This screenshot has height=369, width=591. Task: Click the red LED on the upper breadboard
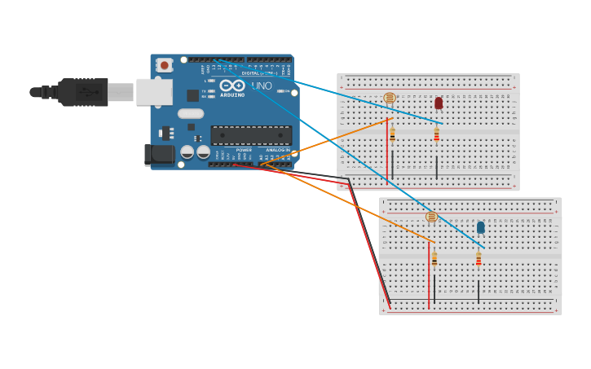tap(439, 103)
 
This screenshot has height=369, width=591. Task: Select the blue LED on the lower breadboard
tap(481, 227)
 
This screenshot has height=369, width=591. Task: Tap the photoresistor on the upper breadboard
tap(390, 98)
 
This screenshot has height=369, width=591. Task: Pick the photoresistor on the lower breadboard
tap(432, 217)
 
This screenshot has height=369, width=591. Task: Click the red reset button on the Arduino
tap(165, 65)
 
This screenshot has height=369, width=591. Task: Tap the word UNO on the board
tap(262, 86)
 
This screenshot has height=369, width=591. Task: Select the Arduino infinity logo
tap(232, 86)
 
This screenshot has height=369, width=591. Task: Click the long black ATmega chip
tap(251, 135)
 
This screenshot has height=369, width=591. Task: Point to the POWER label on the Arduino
tap(244, 150)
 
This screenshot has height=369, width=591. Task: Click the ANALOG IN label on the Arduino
tap(277, 150)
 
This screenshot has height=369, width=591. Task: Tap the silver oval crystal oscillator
tap(190, 114)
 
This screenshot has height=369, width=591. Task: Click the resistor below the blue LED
tap(479, 259)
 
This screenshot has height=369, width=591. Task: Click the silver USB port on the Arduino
tap(153, 92)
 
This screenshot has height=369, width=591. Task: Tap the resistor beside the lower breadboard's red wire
tap(434, 259)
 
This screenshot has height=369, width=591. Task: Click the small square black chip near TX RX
tap(192, 95)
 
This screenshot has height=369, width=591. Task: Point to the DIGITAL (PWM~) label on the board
tap(258, 73)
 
